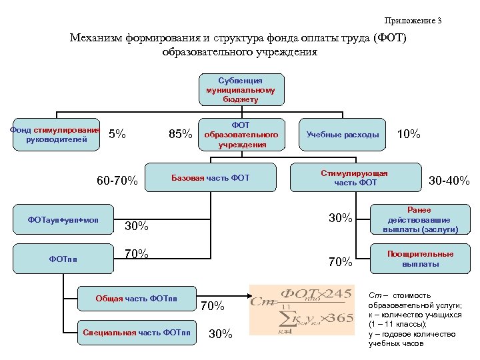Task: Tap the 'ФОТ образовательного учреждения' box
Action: click(241, 134)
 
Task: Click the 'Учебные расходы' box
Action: click(342, 134)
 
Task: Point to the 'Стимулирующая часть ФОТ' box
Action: click(355, 177)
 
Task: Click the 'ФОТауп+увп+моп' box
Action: click(63, 219)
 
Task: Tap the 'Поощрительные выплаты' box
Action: click(420, 259)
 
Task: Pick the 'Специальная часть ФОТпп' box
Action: click(137, 332)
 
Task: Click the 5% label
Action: click(117, 134)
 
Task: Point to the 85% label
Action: click(180, 134)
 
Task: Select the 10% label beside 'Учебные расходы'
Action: click(409, 134)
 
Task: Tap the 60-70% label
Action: click(117, 181)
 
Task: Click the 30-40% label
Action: click(449, 181)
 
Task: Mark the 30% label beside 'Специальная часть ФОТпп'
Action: click(221, 334)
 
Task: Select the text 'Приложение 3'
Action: click(413, 21)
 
